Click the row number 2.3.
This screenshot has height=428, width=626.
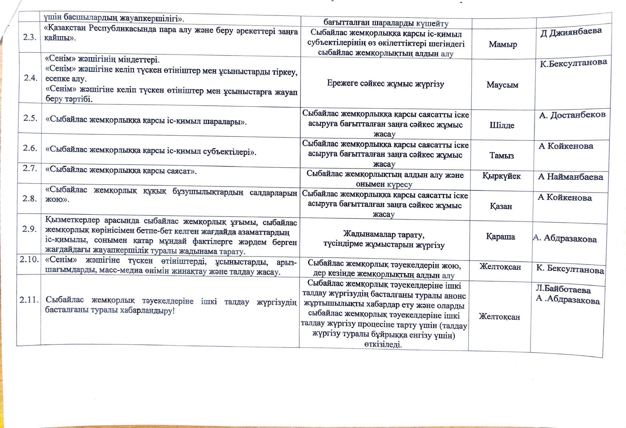tap(30, 37)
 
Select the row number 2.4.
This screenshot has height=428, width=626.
tap(31, 78)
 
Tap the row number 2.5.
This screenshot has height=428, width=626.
tap(30, 118)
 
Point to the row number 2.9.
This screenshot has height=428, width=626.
tap(30, 229)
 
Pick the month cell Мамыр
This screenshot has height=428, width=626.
tap(503, 45)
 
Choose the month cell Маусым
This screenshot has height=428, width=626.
tap(502, 85)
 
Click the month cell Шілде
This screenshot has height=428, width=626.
tap(502, 125)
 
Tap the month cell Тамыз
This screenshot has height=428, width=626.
tap(502, 155)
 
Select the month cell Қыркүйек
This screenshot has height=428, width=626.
tap(502, 176)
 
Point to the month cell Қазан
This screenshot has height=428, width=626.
tap(501, 206)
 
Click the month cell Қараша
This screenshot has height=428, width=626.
tap(500, 237)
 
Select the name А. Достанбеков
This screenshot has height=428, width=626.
tap(572, 115)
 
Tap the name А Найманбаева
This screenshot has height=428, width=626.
tap(570, 177)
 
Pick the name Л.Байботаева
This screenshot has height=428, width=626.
tap(563, 289)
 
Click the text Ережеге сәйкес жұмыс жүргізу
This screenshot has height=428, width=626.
tap(386, 84)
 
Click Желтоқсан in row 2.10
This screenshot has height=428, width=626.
tap(500, 267)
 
